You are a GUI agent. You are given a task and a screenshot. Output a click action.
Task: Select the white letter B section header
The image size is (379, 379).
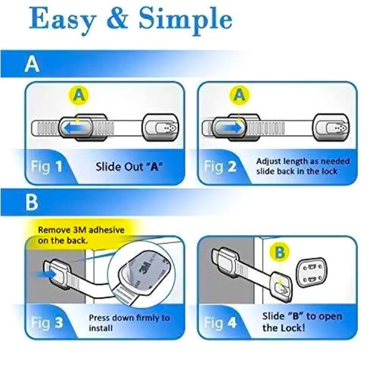click(32, 203)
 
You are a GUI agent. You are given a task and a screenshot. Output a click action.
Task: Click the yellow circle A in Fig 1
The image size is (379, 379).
click(78, 96)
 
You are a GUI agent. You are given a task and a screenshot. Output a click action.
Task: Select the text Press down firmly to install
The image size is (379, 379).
click(129, 323)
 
